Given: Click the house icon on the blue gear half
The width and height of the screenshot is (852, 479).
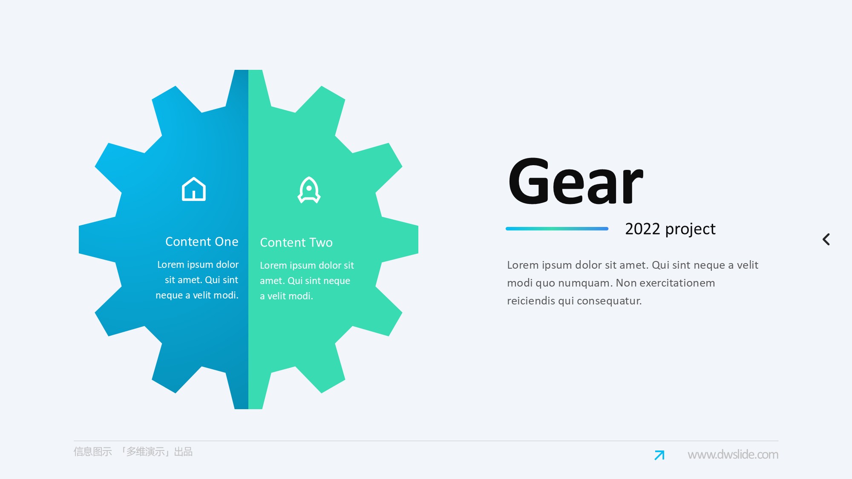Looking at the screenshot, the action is click(x=194, y=189).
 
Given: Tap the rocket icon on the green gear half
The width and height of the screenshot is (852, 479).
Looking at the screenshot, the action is click(x=309, y=190).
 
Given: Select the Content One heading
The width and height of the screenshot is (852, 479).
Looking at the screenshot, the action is click(x=201, y=241).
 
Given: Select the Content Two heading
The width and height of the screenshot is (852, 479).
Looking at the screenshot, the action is click(x=296, y=242).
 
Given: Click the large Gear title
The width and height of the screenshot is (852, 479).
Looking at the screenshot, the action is click(x=576, y=181).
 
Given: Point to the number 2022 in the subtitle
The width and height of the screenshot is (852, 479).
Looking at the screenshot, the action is click(x=642, y=229).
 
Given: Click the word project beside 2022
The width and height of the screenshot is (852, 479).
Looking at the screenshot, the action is click(x=690, y=229).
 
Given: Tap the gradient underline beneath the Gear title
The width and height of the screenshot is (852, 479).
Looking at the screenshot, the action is click(x=557, y=229).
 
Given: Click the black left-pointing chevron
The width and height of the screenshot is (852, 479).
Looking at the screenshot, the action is click(x=826, y=239).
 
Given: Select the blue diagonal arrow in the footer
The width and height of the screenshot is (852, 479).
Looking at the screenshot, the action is click(x=659, y=455).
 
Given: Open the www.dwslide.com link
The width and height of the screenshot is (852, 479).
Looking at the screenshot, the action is click(x=733, y=454).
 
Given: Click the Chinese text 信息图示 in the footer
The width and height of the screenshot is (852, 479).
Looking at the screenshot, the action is click(x=92, y=451).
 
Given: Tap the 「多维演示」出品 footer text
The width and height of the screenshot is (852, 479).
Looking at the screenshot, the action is click(x=155, y=451).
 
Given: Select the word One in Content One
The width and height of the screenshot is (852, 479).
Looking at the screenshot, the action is click(x=227, y=241).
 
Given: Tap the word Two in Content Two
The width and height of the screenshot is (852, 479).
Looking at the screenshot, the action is click(x=321, y=242).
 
